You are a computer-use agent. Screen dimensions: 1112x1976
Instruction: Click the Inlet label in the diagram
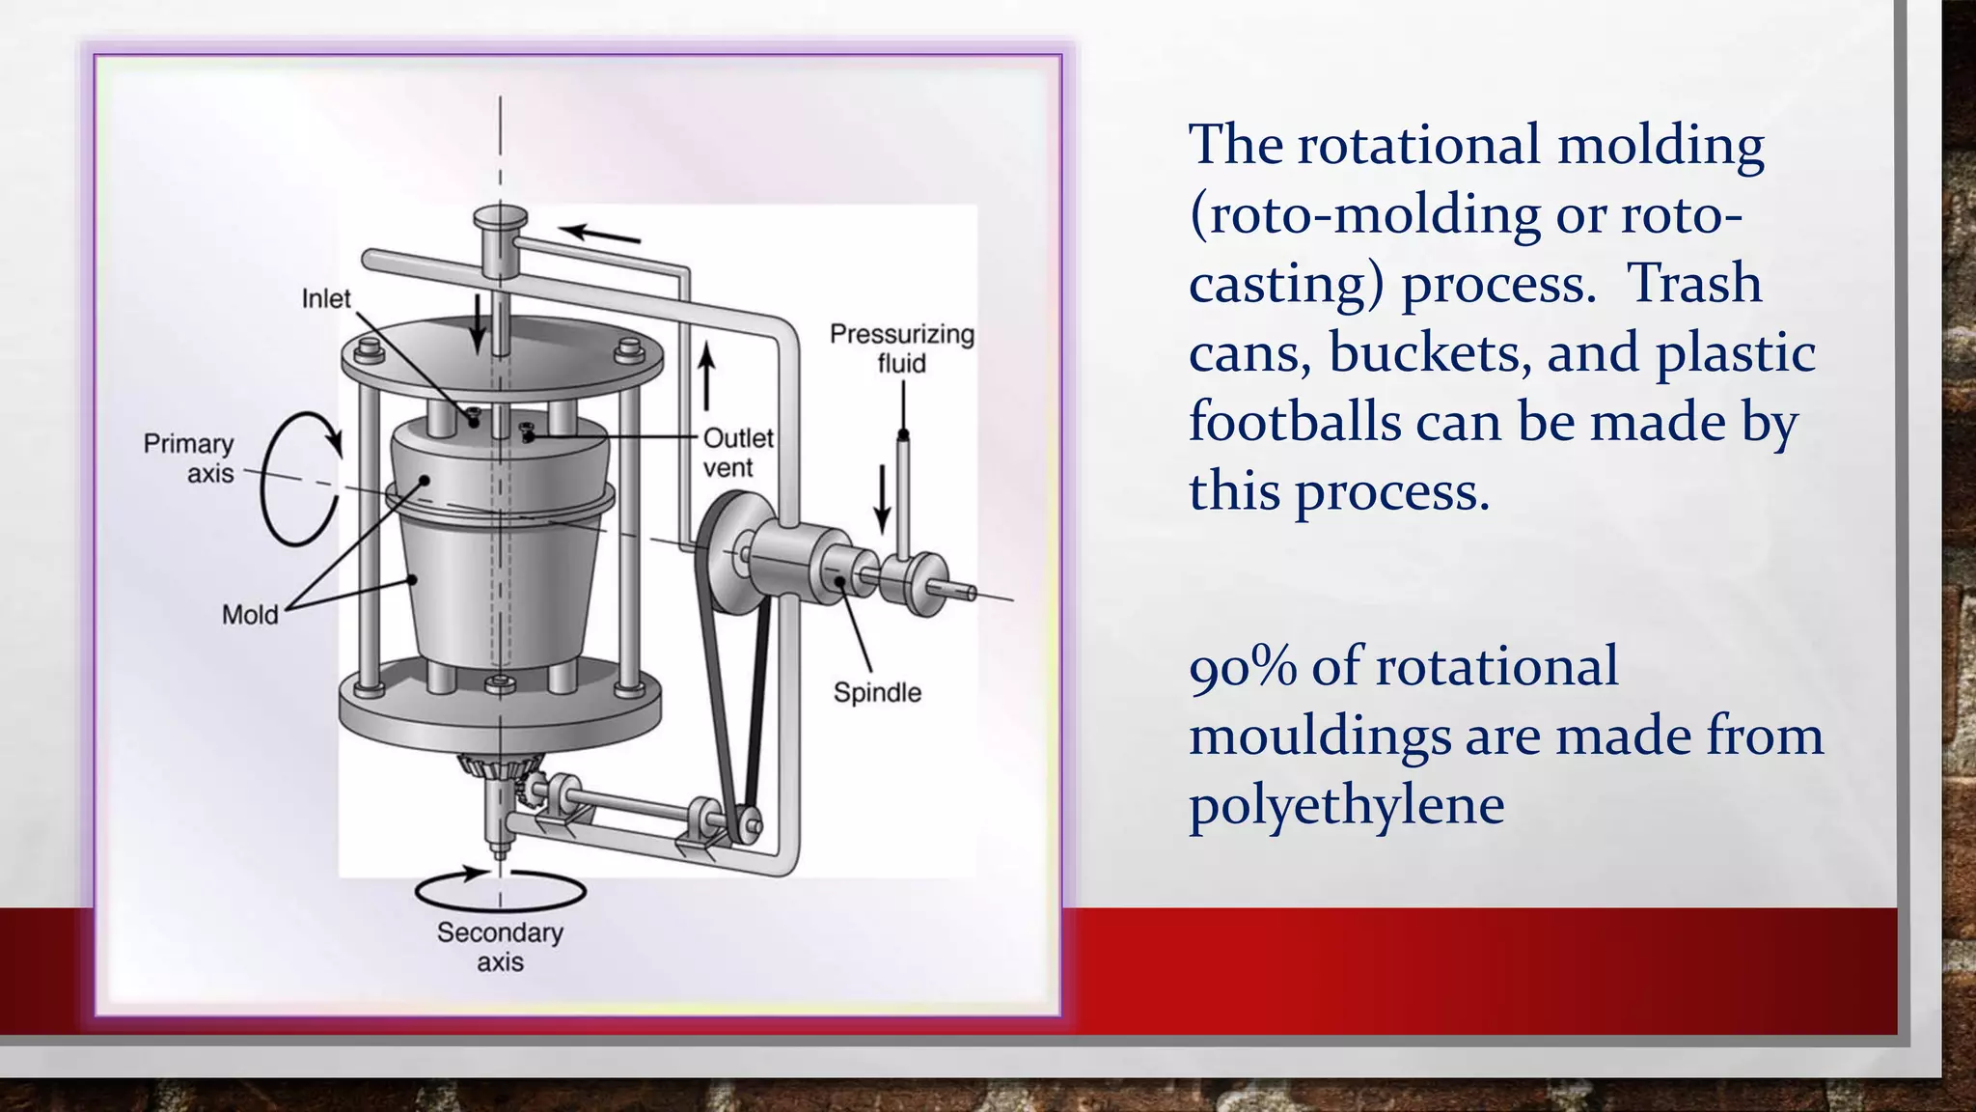point(326,299)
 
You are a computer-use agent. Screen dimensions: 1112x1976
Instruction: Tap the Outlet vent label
point(738,453)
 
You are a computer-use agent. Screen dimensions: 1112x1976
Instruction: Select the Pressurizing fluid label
point(902,348)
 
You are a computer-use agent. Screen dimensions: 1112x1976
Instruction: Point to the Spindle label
point(877,693)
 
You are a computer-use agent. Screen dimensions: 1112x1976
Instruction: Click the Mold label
point(250,615)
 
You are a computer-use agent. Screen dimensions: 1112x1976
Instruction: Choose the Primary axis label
point(189,459)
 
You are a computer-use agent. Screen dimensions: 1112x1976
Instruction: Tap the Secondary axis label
point(500,947)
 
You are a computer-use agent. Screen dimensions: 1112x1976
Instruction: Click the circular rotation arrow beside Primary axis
point(299,479)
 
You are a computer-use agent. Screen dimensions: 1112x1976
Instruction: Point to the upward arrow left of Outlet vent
point(707,377)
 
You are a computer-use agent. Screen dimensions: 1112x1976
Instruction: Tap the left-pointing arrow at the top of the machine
point(599,234)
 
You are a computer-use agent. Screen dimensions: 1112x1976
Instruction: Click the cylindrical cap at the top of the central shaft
point(500,220)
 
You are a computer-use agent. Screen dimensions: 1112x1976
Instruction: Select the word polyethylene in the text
point(1346,805)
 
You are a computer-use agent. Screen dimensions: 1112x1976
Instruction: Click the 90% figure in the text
point(1243,667)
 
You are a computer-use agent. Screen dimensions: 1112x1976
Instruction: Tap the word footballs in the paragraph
point(1294,422)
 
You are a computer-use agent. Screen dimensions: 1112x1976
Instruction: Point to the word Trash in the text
point(1694,283)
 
